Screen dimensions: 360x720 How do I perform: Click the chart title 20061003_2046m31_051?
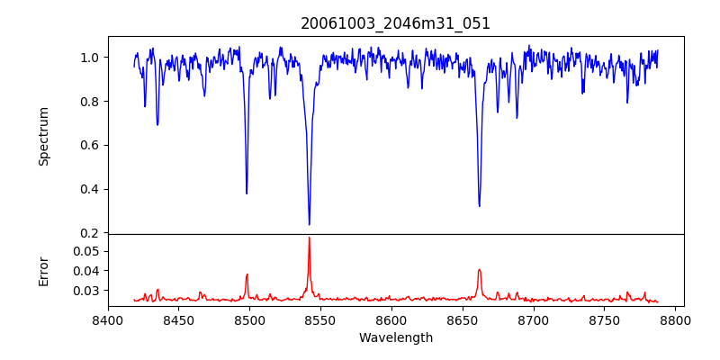pyautogui.click(x=395, y=23)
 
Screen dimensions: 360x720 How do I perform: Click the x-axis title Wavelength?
pyautogui.click(x=395, y=337)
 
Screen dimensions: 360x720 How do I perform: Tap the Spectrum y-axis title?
pyautogui.click(x=43, y=136)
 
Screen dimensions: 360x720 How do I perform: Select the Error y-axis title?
pyautogui.click(x=43, y=269)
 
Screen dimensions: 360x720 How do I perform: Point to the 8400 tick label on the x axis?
pyautogui.click(x=108, y=319)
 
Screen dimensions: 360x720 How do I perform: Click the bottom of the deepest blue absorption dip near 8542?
pyautogui.click(x=309, y=224)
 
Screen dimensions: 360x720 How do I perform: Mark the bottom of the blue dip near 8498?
pyautogui.click(x=247, y=193)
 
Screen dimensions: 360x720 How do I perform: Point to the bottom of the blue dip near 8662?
pyautogui.click(x=479, y=206)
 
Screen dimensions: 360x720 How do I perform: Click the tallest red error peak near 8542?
pyautogui.click(x=309, y=238)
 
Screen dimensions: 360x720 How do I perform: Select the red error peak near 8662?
pyautogui.click(x=479, y=269)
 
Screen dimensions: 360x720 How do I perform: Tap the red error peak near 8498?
pyautogui.click(x=247, y=274)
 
